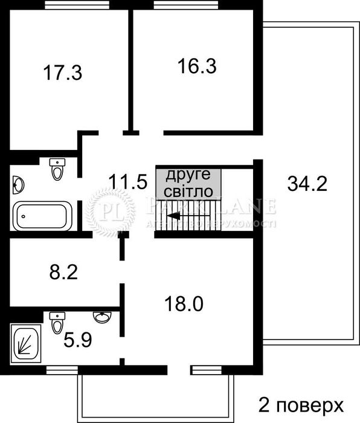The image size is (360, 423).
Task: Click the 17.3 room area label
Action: [62, 74]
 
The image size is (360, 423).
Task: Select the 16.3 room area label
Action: [197, 65]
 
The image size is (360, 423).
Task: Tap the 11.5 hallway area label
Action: [128, 181]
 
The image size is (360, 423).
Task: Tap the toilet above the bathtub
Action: [57, 169]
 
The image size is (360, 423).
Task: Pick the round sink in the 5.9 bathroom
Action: [101, 317]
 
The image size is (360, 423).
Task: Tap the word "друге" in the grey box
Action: [188, 175]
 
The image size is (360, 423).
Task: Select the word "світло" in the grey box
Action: [188, 192]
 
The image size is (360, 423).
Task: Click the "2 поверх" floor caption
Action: [301, 404]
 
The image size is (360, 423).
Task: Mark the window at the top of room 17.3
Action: [68, 5]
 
